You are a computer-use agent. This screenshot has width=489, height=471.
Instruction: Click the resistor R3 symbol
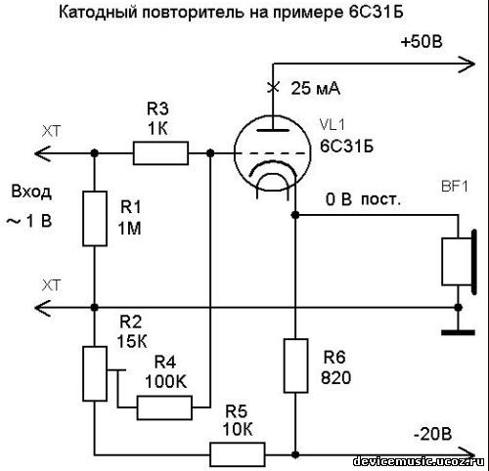click(x=160, y=151)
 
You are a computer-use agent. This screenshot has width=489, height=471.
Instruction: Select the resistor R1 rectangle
click(x=93, y=218)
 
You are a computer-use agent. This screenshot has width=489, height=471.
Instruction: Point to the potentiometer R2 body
click(x=94, y=372)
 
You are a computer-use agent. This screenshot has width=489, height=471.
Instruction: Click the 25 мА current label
click(x=316, y=88)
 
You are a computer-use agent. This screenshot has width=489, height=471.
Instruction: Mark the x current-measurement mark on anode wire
click(x=272, y=87)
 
